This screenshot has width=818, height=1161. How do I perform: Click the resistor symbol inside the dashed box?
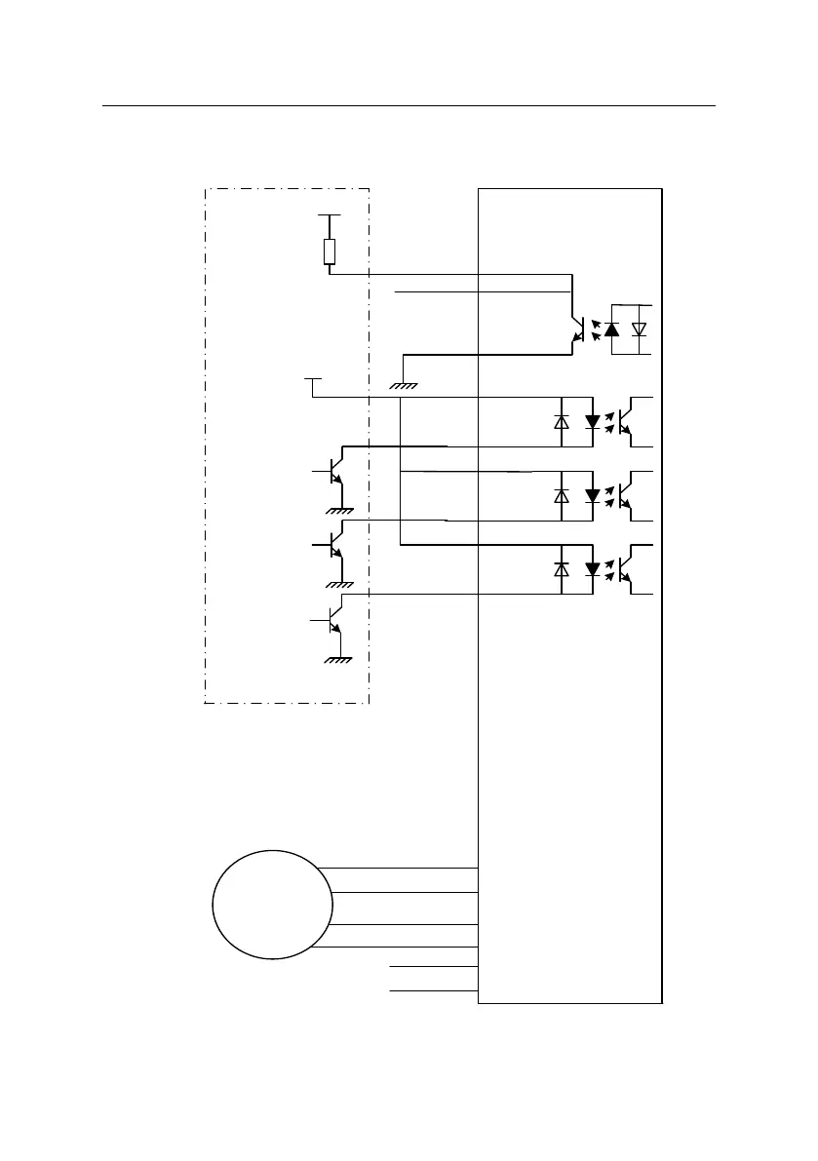(330, 252)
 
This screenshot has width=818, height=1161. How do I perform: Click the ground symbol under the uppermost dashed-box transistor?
(339, 510)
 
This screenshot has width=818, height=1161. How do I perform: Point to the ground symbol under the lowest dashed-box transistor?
(339, 659)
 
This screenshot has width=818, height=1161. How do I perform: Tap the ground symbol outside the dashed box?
(403, 386)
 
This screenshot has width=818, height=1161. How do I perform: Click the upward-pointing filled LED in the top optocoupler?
(611, 329)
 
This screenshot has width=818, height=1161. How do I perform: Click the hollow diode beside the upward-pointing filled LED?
(640, 329)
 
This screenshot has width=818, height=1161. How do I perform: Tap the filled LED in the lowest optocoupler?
(592, 568)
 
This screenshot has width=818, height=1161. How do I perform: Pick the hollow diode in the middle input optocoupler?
(562, 495)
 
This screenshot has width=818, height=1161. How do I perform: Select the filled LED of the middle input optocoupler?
(592, 495)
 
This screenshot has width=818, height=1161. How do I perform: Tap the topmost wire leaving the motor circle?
(398, 867)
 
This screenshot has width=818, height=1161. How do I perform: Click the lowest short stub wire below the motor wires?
(434, 989)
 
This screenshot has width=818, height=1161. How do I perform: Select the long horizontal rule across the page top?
(409, 105)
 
